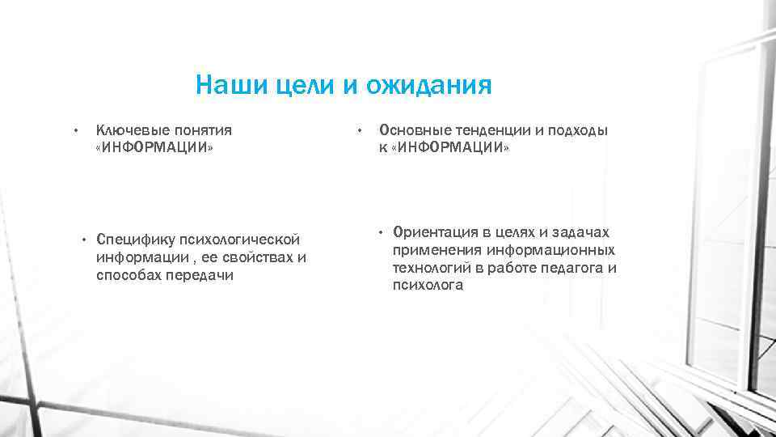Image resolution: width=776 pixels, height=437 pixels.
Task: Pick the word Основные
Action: (x=411, y=129)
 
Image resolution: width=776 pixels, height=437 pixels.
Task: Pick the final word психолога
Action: (x=428, y=286)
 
